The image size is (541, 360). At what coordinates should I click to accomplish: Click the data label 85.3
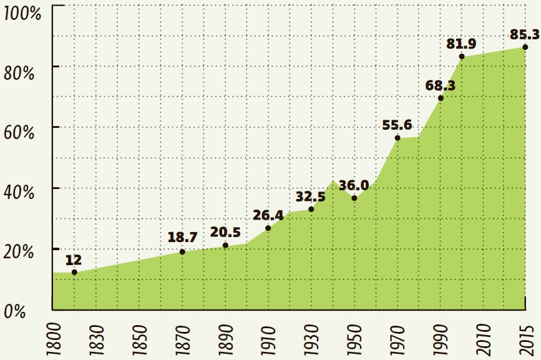click(524, 34)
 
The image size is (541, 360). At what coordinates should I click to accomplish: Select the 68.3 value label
click(441, 85)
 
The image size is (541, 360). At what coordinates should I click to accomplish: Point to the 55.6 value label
click(397, 125)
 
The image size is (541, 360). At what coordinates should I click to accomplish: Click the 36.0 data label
click(354, 185)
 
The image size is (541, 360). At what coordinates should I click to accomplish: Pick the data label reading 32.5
click(311, 197)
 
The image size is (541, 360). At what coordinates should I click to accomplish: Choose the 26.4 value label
click(268, 215)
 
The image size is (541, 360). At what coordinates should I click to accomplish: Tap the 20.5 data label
click(225, 232)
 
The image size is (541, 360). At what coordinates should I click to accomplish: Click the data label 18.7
click(182, 238)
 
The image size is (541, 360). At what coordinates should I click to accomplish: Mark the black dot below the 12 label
click(74, 272)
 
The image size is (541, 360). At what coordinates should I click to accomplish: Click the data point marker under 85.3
click(525, 47)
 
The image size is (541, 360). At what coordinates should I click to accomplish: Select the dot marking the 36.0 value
click(354, 198)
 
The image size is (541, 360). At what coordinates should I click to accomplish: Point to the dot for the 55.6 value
click(397, 137)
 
